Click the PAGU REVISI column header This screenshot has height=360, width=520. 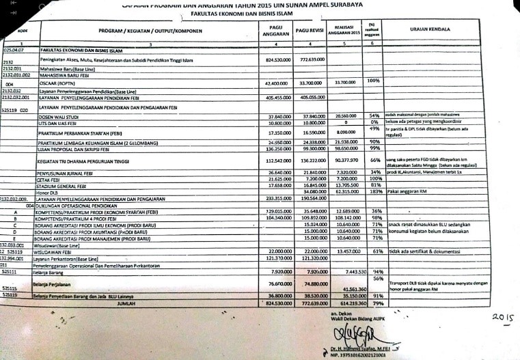[x=310, y=31]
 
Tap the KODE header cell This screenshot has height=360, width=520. [x=22, y=31]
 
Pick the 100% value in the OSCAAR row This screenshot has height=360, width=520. [x=373, y=81]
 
